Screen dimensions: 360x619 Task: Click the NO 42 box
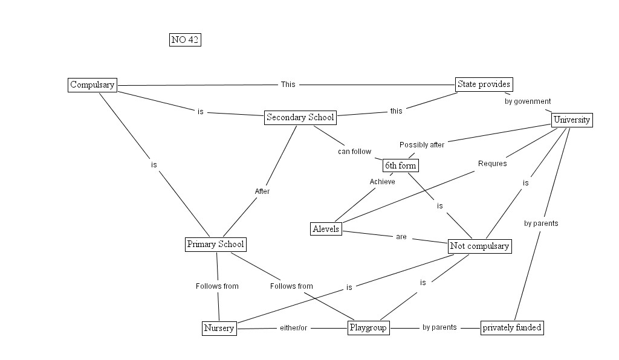(x=185, y=40)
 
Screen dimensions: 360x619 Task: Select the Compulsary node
(x=92, y=85)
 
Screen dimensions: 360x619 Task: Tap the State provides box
(x=484, y=85)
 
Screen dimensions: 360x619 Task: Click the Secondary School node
(x=300, y=118)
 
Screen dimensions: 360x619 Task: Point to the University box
(x=571, y=120)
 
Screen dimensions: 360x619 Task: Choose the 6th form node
(x=401, y=165)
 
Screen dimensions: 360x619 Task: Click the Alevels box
(x=326, y=229)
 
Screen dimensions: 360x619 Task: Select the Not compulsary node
(x=480, y=246)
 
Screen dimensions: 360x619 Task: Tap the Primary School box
(x=215, y=245)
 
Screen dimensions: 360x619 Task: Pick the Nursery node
(x=218, y=329)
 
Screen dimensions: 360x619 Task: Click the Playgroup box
(x=368, y=328)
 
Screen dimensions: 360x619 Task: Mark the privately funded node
(x=511, y=328)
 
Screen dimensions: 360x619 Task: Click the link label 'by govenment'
(x=528, y=101)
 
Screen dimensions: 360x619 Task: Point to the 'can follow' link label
(x=354, y=152)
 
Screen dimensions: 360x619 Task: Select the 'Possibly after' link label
(x=422, y=145)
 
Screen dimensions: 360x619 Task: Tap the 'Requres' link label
(x=492, y=164)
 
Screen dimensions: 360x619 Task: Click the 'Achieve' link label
(x=382, y=182)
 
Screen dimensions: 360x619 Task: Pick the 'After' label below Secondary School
(x=262, y=191)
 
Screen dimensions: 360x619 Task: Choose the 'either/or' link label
(x=293, y=328)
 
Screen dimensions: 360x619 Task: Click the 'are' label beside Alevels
(x=401, y=237)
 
